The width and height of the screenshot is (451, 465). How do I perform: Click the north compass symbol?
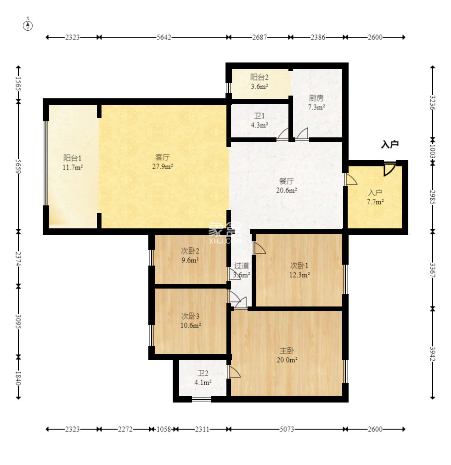[x=28, y=26]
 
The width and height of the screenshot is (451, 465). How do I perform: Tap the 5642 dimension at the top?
[x=164, y=37]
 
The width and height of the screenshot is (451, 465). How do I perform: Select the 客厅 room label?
[x=163, y=157]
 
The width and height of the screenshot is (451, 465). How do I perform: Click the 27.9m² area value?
[x=163, y=166]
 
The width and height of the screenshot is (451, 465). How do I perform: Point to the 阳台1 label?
[x=72, y=158]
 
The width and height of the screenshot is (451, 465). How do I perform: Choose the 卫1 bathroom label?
[x=259, y=116]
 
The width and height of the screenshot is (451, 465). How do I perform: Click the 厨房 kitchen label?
[x=316, y=97]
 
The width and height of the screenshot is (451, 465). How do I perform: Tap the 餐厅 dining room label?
[x=287, y=181]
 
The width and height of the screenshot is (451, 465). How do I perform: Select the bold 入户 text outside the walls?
[x=389, y=144]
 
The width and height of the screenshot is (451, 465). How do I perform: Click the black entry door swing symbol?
[x=389, y=169]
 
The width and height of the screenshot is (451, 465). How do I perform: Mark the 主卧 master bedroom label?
[x=287, y=351]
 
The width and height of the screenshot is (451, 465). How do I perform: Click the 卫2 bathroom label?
[x=203, y=373]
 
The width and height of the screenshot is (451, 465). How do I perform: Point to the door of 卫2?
[x=234, y=371]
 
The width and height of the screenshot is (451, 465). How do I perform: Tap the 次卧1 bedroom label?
[x=299, y=266]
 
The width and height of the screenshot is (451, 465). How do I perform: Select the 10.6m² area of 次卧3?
[x=191, y=325]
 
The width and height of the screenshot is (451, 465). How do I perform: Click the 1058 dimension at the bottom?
[x=164, y=429]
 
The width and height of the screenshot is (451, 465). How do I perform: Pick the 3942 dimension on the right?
[x=433, y=354]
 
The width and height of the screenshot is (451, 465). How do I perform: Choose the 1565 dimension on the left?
[x=18, y=84]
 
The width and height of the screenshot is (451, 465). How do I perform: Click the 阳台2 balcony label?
[x=259, y=77]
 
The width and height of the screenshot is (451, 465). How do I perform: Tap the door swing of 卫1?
[x=283, y=134]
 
